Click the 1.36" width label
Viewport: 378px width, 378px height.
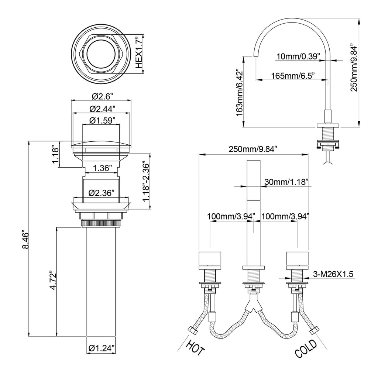coord(102,168)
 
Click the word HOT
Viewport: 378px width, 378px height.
coord(195,348)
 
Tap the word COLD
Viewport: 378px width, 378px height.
coord(306,349)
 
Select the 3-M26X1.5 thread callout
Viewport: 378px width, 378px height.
coord(333,274)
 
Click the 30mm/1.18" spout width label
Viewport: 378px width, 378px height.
coord(286,182)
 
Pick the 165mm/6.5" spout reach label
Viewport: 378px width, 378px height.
coord(292,76)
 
